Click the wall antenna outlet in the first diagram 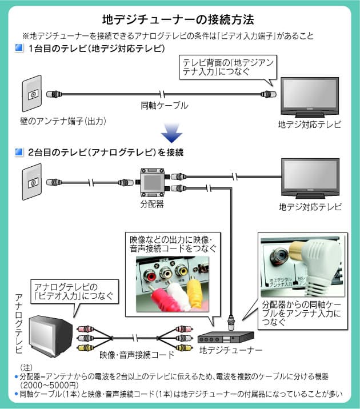pyautogui.click(x=33, y=94)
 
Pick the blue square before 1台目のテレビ pyautogui.click(x=19, y=49)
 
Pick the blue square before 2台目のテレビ pyautogui.click(x=19, y=153)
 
